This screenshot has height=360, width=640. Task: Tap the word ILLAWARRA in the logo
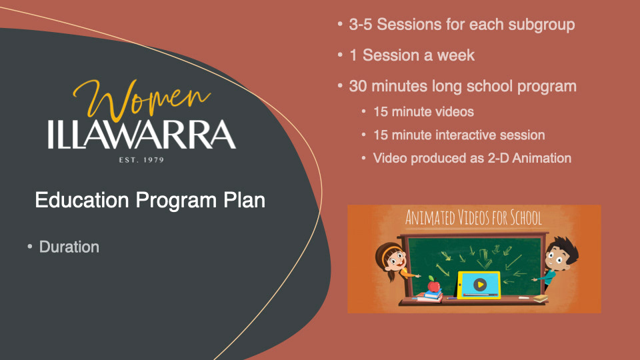click(x=141, y=135)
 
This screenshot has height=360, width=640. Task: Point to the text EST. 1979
click(x=141, y=160)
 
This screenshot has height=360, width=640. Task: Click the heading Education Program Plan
click(x=150, y=200)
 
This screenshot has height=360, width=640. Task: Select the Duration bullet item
click(x=69, y=247)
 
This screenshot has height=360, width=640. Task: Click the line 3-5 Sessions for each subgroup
click(x=461, y=25)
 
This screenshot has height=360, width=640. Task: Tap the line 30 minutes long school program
click(x=463, y=87)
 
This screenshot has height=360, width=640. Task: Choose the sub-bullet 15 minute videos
click(x=423, y=112)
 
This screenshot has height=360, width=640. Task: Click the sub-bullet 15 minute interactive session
click(x=459, y=135)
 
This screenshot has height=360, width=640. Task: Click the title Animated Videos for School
click(x=473, y=217)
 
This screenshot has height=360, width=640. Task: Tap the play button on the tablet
click(x=479, y=285)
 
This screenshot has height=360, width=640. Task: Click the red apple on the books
click(x=433, y=284)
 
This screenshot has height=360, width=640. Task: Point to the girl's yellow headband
click(x=391, y=249)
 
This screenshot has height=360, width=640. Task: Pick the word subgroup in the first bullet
click(x=541, y=25)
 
